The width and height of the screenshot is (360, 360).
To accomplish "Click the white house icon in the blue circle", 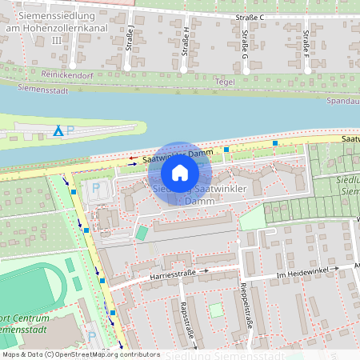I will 180,172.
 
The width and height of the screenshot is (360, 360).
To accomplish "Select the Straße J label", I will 130,37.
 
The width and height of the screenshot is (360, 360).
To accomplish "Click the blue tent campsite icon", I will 57,130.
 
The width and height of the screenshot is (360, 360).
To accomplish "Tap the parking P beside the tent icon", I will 70,130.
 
